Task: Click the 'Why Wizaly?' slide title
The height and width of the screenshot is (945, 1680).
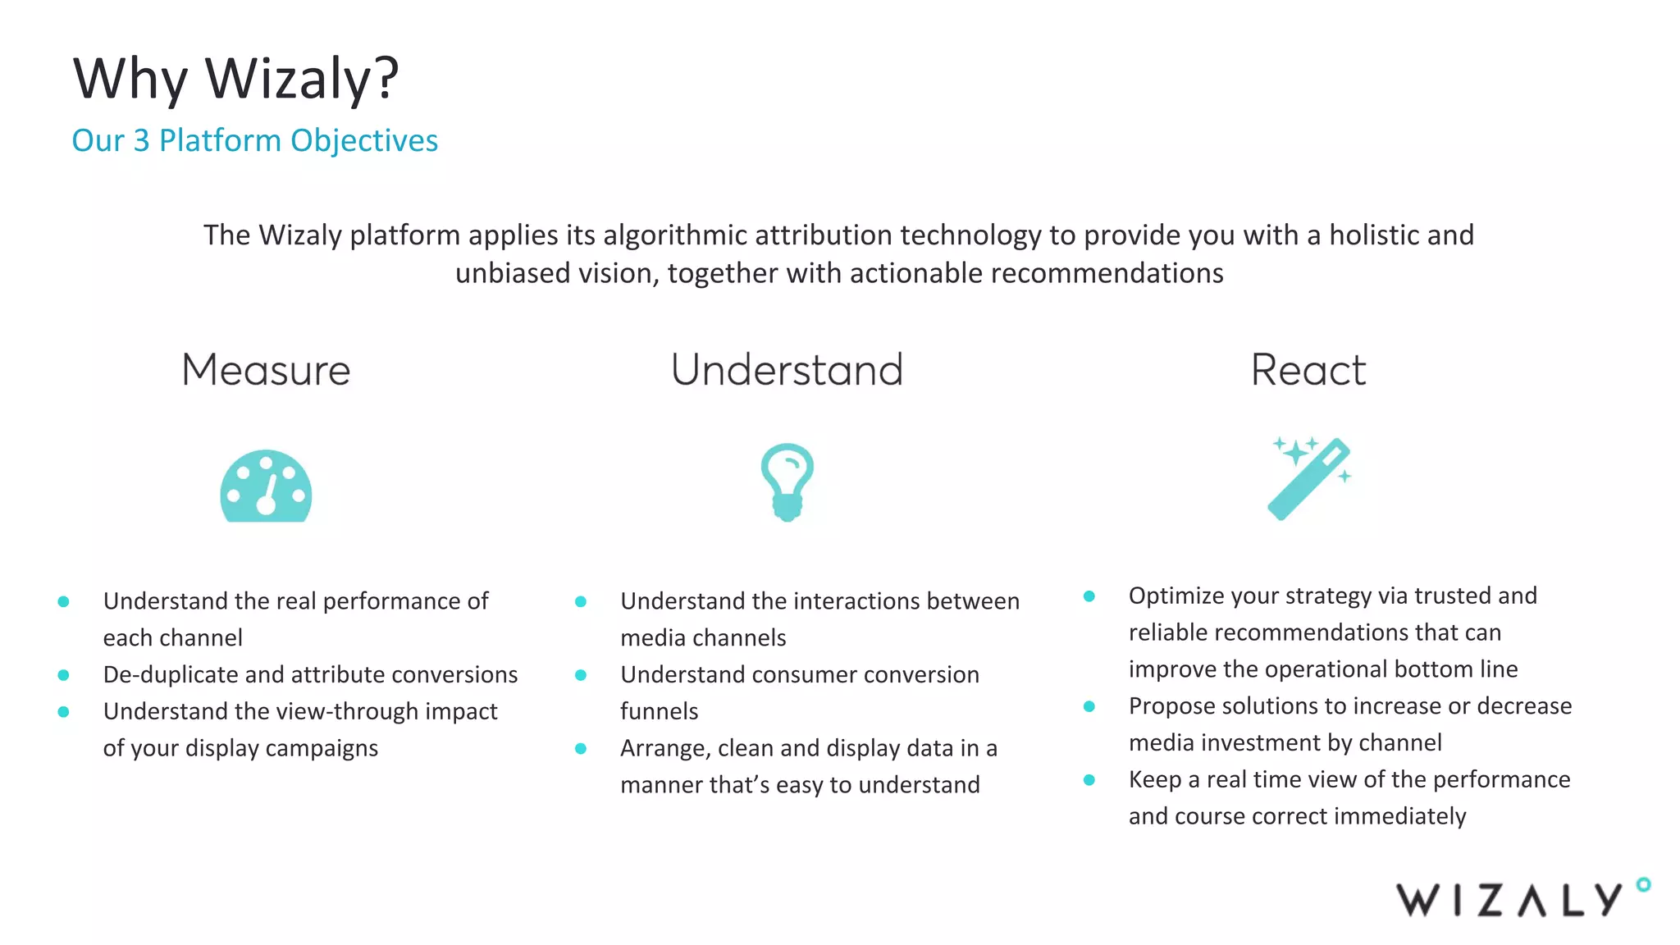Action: (235, 80)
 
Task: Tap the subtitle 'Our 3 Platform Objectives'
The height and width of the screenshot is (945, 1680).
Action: (254, 140)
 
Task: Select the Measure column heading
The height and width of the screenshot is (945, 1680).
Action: (266, 370)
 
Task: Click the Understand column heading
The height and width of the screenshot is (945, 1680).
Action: (787, 370)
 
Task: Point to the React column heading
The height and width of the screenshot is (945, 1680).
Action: (1308, 370)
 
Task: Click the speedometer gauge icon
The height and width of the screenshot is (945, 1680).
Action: (266, 486)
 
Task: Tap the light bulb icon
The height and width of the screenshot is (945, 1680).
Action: (787, 482)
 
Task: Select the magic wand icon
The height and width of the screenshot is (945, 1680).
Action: (1309, 478)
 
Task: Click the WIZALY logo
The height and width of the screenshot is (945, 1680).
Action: (1509, 899)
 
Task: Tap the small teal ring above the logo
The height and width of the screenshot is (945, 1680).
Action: (1643, 884)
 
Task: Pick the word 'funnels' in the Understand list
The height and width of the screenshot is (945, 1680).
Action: (659, 711)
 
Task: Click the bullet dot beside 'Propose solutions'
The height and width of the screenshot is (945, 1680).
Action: (1089, 706)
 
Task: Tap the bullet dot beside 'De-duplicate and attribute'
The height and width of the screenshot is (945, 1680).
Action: (63, 675)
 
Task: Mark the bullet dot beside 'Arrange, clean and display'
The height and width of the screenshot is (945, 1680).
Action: (581, 748)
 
